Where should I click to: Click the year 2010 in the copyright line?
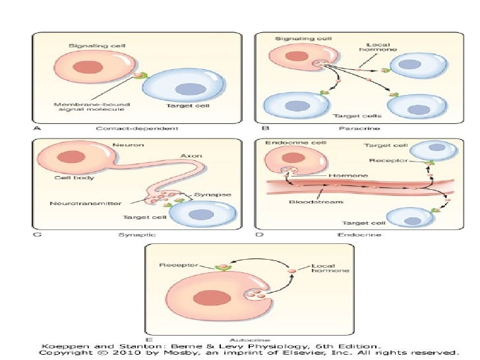tap(107, 352)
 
